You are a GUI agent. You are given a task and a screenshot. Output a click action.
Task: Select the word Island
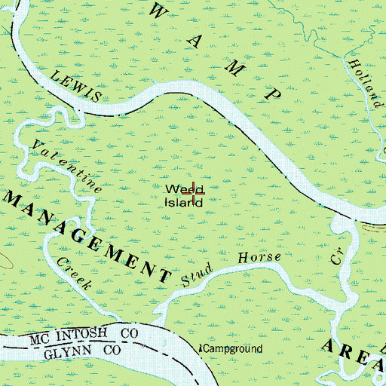(x=185, y=202)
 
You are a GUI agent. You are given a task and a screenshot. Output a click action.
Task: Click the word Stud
(x=200, y=273)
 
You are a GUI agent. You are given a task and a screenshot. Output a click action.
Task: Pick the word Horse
(x=259, y=259)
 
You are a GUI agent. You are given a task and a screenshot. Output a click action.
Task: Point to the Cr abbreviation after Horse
(x=336, y=258)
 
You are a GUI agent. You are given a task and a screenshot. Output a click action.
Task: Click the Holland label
(x=366, y=84)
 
